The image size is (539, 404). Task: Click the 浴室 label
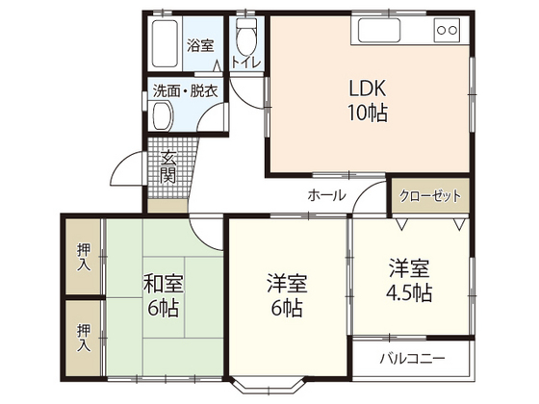click(x=199, y=45)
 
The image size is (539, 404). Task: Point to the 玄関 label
click(x=168, y=167)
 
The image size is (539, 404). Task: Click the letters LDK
click(x=367, y=85)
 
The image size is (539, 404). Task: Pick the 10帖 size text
click(x=367, y=112)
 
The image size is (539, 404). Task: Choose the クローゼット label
click(x=429, y=196)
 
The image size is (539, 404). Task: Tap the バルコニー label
click(x=409, y=359)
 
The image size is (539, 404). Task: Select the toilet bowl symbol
click(x=246, y=38)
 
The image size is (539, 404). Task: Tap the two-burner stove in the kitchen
click(x=447, y=31)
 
